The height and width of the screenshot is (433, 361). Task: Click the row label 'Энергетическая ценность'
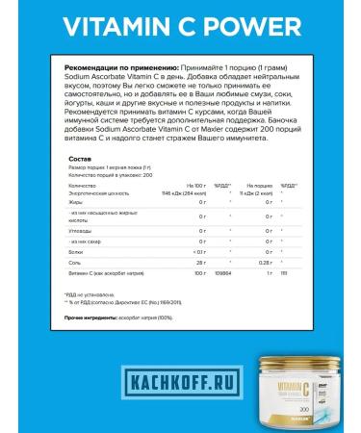pyautogui.click(x=96, y=193)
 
